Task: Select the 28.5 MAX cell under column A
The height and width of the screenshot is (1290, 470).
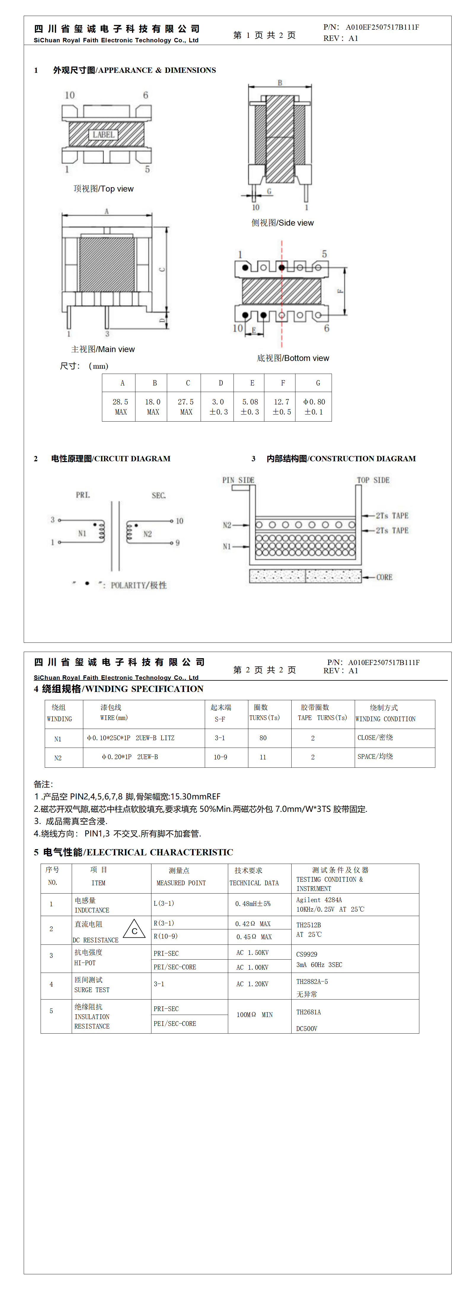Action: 120,407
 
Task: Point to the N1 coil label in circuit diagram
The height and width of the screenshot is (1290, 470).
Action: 82,533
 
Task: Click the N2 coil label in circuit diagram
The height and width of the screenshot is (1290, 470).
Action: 147,534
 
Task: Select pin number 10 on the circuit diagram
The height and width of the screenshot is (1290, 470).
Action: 179,521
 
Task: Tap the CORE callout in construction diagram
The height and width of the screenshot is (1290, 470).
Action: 384,577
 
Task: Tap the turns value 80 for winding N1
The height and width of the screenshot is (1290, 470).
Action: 263,738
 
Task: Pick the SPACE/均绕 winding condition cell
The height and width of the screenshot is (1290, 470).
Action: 375,756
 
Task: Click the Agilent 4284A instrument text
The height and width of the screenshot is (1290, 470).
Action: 319,899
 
